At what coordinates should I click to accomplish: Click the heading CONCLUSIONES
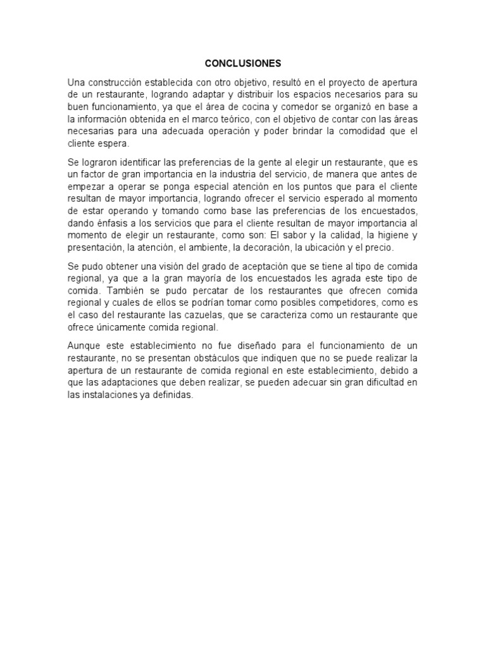tap(243, 64)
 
